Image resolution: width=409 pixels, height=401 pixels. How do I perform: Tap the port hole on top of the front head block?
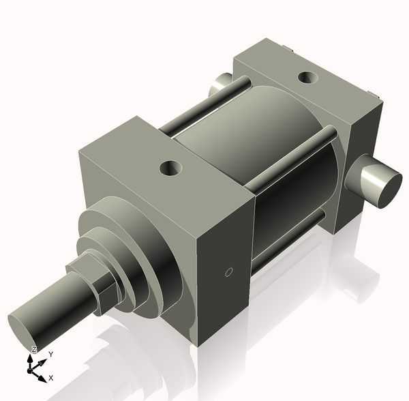(168, 166)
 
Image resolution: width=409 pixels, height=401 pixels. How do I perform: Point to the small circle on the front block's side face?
(229, 273)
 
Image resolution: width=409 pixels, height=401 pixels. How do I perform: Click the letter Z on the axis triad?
(33, 349)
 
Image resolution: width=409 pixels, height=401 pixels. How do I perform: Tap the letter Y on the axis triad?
(50, 355)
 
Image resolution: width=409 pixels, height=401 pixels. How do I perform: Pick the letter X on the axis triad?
(51, 377)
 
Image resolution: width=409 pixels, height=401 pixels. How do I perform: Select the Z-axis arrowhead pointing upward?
(31, 357)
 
